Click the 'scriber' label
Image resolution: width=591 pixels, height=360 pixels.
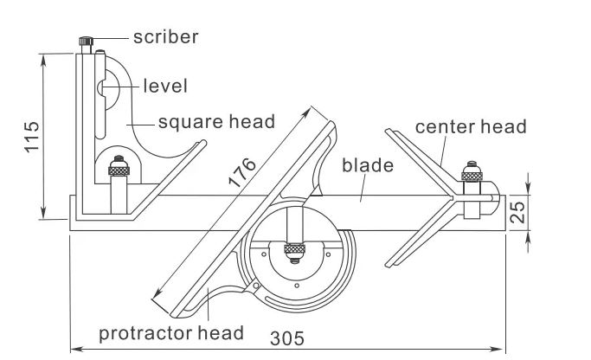(165, 37)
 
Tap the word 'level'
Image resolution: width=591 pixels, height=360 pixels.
(164, 86)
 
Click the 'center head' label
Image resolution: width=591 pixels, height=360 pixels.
(471, 126)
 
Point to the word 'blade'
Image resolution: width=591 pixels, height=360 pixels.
(368, 165)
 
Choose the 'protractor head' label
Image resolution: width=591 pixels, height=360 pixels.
(170, 332)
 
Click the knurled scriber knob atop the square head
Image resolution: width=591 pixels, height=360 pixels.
(87, 42)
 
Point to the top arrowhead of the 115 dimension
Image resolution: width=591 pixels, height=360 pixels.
(42, 57)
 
